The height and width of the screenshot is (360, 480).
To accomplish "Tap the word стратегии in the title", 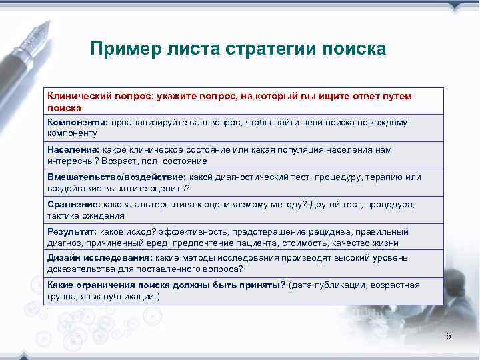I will pos(272,49).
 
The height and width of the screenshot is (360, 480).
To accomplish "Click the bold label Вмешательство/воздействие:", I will pos(117,177).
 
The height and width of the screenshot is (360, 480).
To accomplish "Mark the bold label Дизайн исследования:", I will pos(99,258).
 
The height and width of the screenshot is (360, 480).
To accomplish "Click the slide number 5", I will pos(449,336).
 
